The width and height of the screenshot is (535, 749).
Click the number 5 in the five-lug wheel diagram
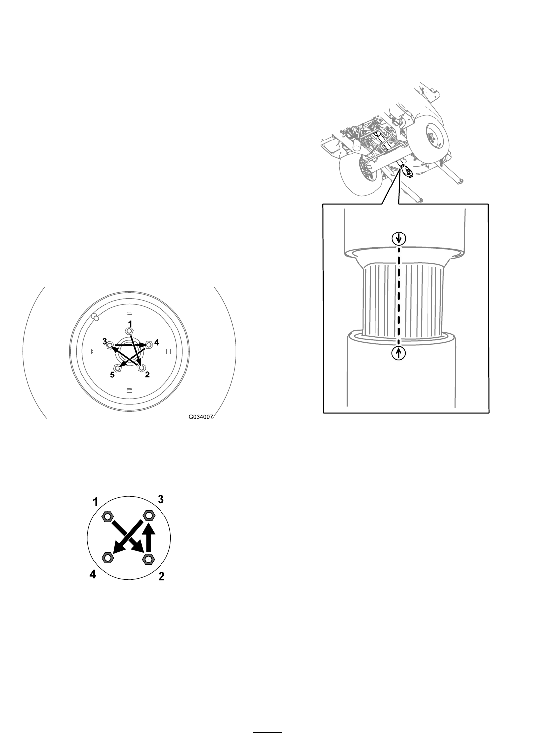coord(112,375)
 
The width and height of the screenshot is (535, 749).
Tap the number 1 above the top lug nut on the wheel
coord(130,324)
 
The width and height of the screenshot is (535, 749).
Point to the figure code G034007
coord(200,417)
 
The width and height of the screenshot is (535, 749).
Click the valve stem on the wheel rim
coord(95,317)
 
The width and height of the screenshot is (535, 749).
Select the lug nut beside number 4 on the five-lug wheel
coord(149,344)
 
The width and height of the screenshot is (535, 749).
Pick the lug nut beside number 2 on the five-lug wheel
coord(141,367)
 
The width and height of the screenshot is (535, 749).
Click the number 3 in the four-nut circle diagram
coord(160,499)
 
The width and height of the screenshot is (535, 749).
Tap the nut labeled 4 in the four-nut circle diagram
coord(108,558)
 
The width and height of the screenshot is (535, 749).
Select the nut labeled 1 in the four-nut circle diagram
coord(107,516)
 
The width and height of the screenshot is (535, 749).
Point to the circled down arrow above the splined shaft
coord(398,239)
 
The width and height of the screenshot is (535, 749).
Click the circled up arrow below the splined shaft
coord(398,353)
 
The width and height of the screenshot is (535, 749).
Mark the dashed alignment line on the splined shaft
coord(398,296)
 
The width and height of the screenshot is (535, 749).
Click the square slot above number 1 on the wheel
coord(129,312)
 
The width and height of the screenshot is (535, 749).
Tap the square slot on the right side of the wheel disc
coord(168,351)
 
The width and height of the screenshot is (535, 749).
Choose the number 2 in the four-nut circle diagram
coord(161,576)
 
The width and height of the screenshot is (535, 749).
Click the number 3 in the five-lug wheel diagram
coord(105,341)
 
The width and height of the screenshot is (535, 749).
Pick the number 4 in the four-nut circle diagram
coord(93,574)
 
